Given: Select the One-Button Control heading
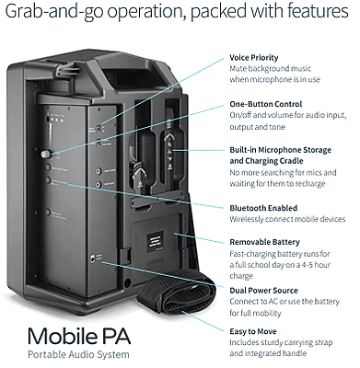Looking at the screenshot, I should click(x=263, y=105).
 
